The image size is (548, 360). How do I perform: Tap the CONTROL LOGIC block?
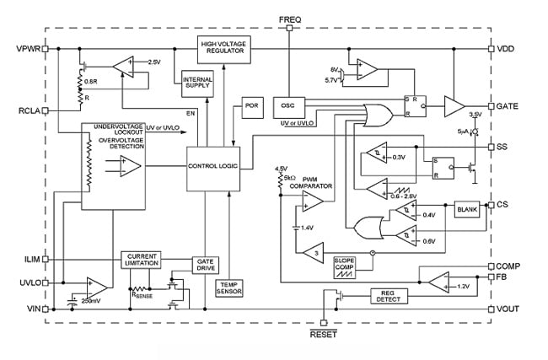[x=213, y=166]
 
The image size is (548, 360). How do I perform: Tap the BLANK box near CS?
[x=466, y=208]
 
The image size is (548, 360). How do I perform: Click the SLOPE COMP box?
[x=347, y=262]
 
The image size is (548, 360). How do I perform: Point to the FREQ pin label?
[x=290, y=19]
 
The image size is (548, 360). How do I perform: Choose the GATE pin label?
[x=508, y=107]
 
